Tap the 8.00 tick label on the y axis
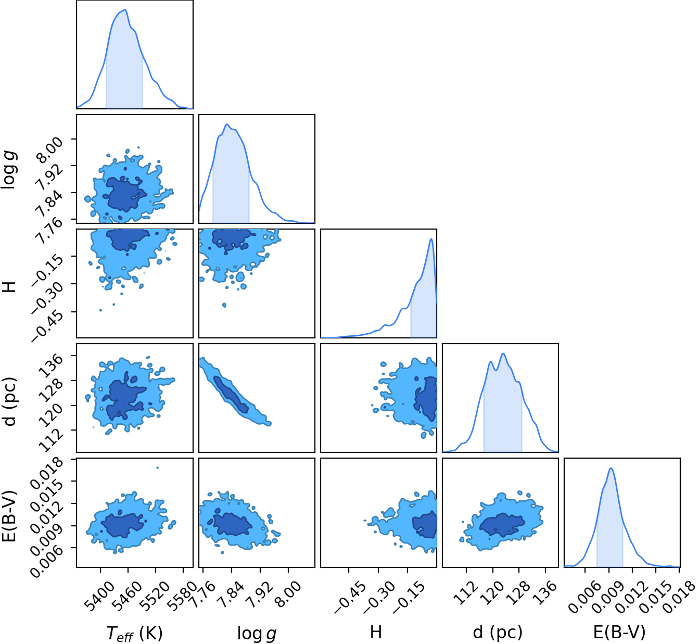(x=49, y=149)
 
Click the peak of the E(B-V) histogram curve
(x=611, y=468)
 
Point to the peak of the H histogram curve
(x=431, y=239)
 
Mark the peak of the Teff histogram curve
(x=125, y=10)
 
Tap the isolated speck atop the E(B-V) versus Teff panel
(x=158, y=468)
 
